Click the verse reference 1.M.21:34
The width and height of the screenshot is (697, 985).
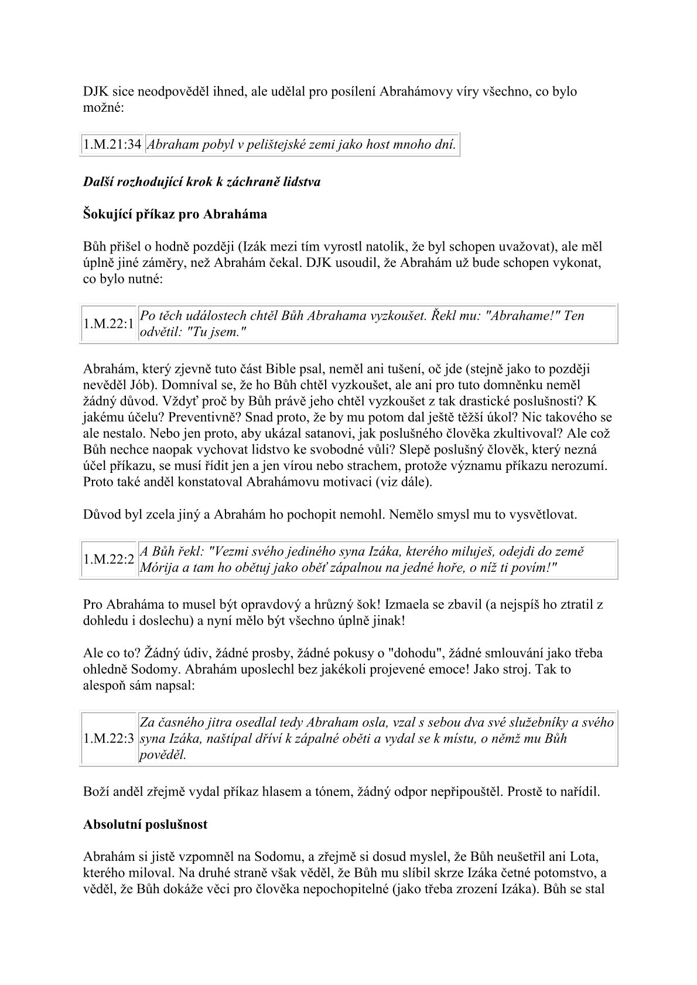pos(112,145)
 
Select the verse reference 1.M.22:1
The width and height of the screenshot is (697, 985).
pos(108,324)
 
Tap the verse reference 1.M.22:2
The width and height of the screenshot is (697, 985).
pos(108,560)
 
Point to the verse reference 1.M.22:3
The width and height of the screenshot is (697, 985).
pos(108,739)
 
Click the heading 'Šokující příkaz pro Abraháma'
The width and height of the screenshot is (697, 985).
pos(175,214)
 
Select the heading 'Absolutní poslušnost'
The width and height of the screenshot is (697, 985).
pos(145,825)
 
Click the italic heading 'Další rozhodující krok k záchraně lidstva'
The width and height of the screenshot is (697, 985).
pos(202,182)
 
